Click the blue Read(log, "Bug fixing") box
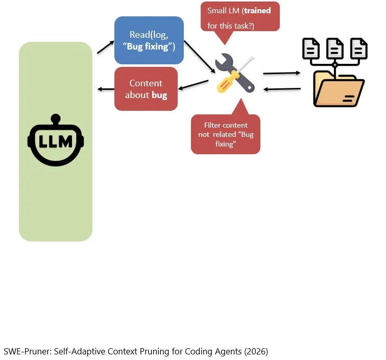(x=149, y=40)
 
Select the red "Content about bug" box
(x=146, y=89)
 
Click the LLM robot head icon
(x=56, y=140)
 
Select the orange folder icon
(x=339, y=89)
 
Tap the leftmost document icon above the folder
(x=310, y=49)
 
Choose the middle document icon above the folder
(x=335, y=49)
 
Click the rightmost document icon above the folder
(x=358, y=49)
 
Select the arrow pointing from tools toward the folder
(x=282, y=73)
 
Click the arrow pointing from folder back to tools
(x=282, y=89)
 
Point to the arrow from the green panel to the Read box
(x=106, y=47)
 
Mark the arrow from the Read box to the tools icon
(x=200, y=57)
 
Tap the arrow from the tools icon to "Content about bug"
(x=193, y=84)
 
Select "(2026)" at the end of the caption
(x=256, y=351)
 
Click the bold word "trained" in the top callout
(x=257, y=11)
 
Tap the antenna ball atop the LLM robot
(x=56, y=118)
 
